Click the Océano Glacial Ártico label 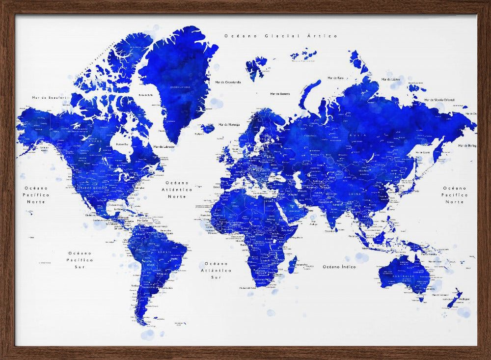281,36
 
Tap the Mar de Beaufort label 49,98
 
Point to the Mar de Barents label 280,94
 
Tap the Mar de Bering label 467,145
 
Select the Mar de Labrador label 164,146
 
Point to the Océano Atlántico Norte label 177,189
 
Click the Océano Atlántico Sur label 216,270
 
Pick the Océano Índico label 339,267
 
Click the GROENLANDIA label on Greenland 180,87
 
